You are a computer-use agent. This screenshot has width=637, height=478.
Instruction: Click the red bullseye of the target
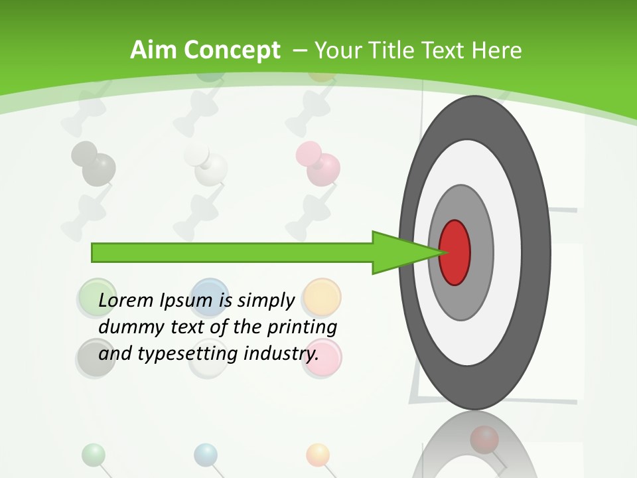(455, 253)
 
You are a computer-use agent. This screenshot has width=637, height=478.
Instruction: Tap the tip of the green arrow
(441, 252)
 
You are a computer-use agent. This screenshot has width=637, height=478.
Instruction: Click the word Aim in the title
(154, 50)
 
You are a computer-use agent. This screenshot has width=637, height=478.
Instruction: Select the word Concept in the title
(233, 50)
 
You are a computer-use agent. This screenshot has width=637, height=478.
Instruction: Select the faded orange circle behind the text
(322, 296)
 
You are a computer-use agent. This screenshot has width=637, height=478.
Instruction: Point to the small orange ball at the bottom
(318, 454)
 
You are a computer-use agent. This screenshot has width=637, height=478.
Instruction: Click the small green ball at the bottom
(94, 454)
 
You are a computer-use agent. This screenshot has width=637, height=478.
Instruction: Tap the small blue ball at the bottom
(206, 454)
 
